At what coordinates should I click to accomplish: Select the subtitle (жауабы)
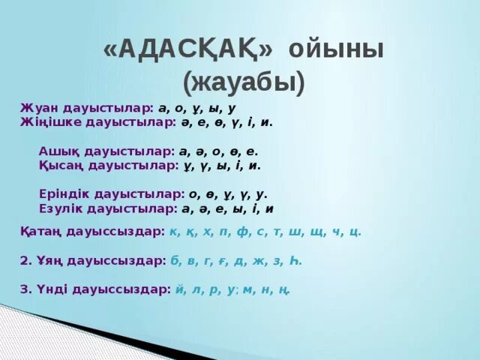(244, 82)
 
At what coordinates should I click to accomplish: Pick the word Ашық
(57, 151)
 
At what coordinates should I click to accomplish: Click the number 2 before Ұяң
(24, 260)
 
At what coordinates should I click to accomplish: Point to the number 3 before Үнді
(24, 289)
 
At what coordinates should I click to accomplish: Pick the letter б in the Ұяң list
(174, 260)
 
